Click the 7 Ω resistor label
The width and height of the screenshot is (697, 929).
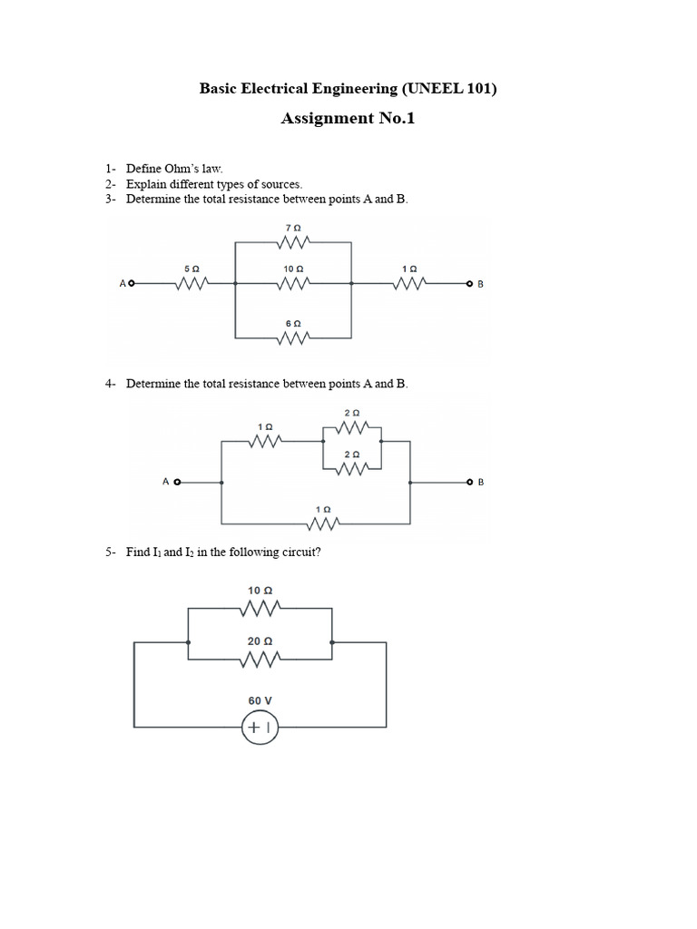tap(293, 227)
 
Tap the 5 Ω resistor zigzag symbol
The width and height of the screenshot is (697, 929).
tap(191, 284)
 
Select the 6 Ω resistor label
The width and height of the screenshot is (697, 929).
tap(293, 324)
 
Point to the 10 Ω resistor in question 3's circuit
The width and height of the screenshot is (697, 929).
tap(293, 284)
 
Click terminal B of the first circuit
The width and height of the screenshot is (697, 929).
tap(470, 284)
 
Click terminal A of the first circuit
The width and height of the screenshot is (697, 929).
tap(132, 284)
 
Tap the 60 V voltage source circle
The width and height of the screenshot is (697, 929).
tap(260, 728)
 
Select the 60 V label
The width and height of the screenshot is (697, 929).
tap(260, 700)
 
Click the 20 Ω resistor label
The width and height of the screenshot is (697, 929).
tap(260, 641)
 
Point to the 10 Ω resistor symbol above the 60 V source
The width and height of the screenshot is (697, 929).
tap(260, 606)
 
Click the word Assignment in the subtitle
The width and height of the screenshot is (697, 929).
tap(326, 119)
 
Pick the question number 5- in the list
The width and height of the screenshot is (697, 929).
tap(110, 552)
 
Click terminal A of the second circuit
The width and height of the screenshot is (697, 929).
tap(178, 482)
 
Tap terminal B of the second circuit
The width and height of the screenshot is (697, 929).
tap(470, 482)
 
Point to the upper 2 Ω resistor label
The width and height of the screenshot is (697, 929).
tap(352, 413)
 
